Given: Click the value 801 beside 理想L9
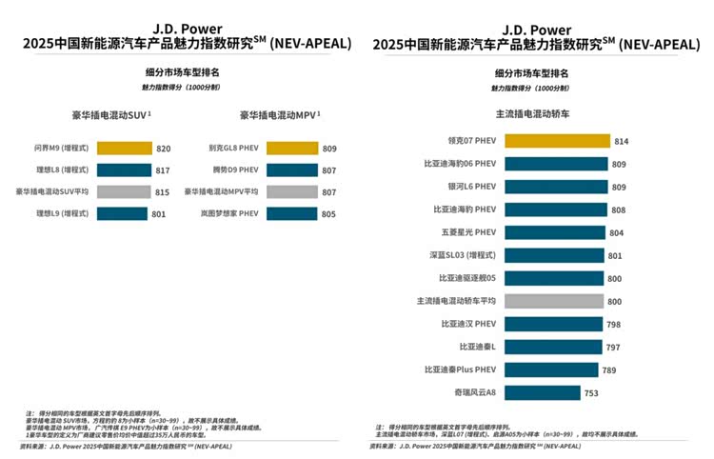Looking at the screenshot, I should coord(158,213).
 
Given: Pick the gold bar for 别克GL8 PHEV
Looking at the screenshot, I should coord(291,149).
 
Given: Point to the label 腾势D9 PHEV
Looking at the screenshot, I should coord(234,170).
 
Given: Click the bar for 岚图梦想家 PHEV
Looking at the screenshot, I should coord(291,213).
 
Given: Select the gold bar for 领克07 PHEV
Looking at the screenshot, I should coord(556,141).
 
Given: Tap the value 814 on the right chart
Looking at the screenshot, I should coord(621,141).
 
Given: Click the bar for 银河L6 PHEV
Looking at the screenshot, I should coord(555,187).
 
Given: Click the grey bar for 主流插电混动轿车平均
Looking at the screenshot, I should coord(553,301).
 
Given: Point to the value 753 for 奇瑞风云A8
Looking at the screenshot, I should coord(592,392).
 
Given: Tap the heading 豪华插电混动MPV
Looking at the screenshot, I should coord(278,115).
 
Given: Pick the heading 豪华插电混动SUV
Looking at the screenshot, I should coord(109,115).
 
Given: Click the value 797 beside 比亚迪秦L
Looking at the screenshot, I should coord(613,347).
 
